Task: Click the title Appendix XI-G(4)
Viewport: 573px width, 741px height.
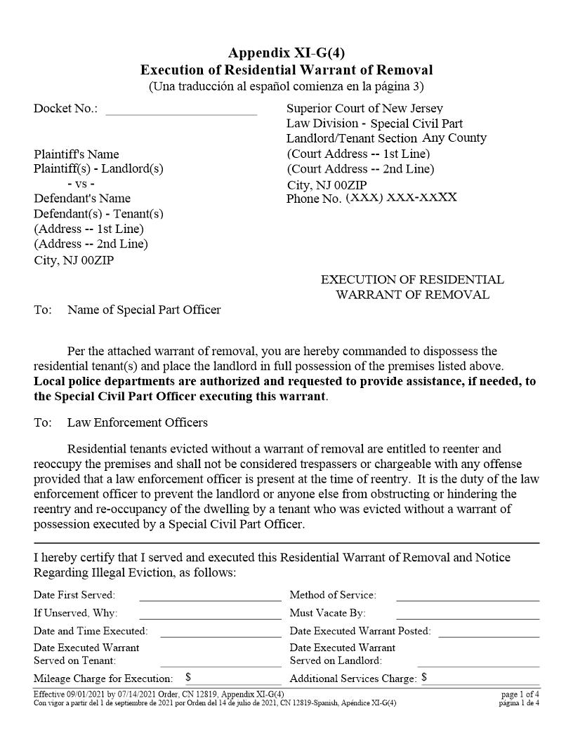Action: pyautogui.click(x=286, y=53)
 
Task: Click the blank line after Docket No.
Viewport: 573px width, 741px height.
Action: pyautogui.click(x=181, y=109)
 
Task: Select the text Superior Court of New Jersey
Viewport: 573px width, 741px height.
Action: pyautogui.click(x=364, y=108)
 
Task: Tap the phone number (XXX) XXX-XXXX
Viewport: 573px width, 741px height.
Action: pyautogui.click(x=401, y=197)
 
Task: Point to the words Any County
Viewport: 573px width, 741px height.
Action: pyautogui.click(x=454, y=138)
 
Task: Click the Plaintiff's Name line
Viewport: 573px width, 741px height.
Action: pyautogui.click(x=77, y=154)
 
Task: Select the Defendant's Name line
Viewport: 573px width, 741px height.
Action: pyautogui.click(x=82, y=198)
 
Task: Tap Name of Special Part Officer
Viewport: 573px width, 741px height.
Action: pyautogui.click(x=144, y=309)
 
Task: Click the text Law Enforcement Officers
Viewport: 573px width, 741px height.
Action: pyautogui.click(x=137, y=422)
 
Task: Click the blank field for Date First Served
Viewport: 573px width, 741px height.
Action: pyautogui.click(x=210, y=596)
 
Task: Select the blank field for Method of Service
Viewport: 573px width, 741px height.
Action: pyautogui.click(x=468, y=596)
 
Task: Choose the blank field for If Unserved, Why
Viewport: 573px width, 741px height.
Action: pyautogui.click(x=210, y=614)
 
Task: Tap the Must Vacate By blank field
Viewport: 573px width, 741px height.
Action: pyautogui.click(x=468, y=614)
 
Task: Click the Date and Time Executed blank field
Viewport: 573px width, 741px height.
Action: pyautogui.click(x=220, y=632)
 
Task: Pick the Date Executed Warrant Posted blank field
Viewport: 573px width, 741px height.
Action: pyautogui.click(x=489, y=632)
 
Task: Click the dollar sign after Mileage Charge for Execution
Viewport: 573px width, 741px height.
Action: pyautogui.click(x=188, y=678)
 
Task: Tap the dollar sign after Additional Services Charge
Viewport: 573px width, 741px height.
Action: pyautogui.click(x=424, y=678)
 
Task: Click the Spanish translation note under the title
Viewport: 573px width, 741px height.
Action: pyautogui.click(x=286, y=86)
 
